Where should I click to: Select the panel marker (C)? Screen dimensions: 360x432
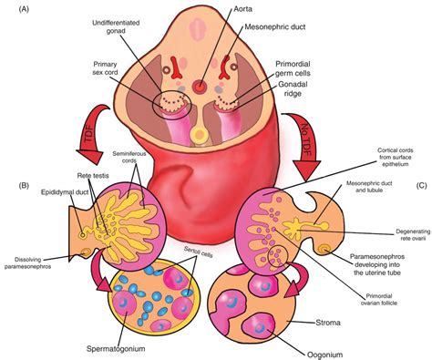click(420, 186)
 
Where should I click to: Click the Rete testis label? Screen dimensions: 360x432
click(77, 176)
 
